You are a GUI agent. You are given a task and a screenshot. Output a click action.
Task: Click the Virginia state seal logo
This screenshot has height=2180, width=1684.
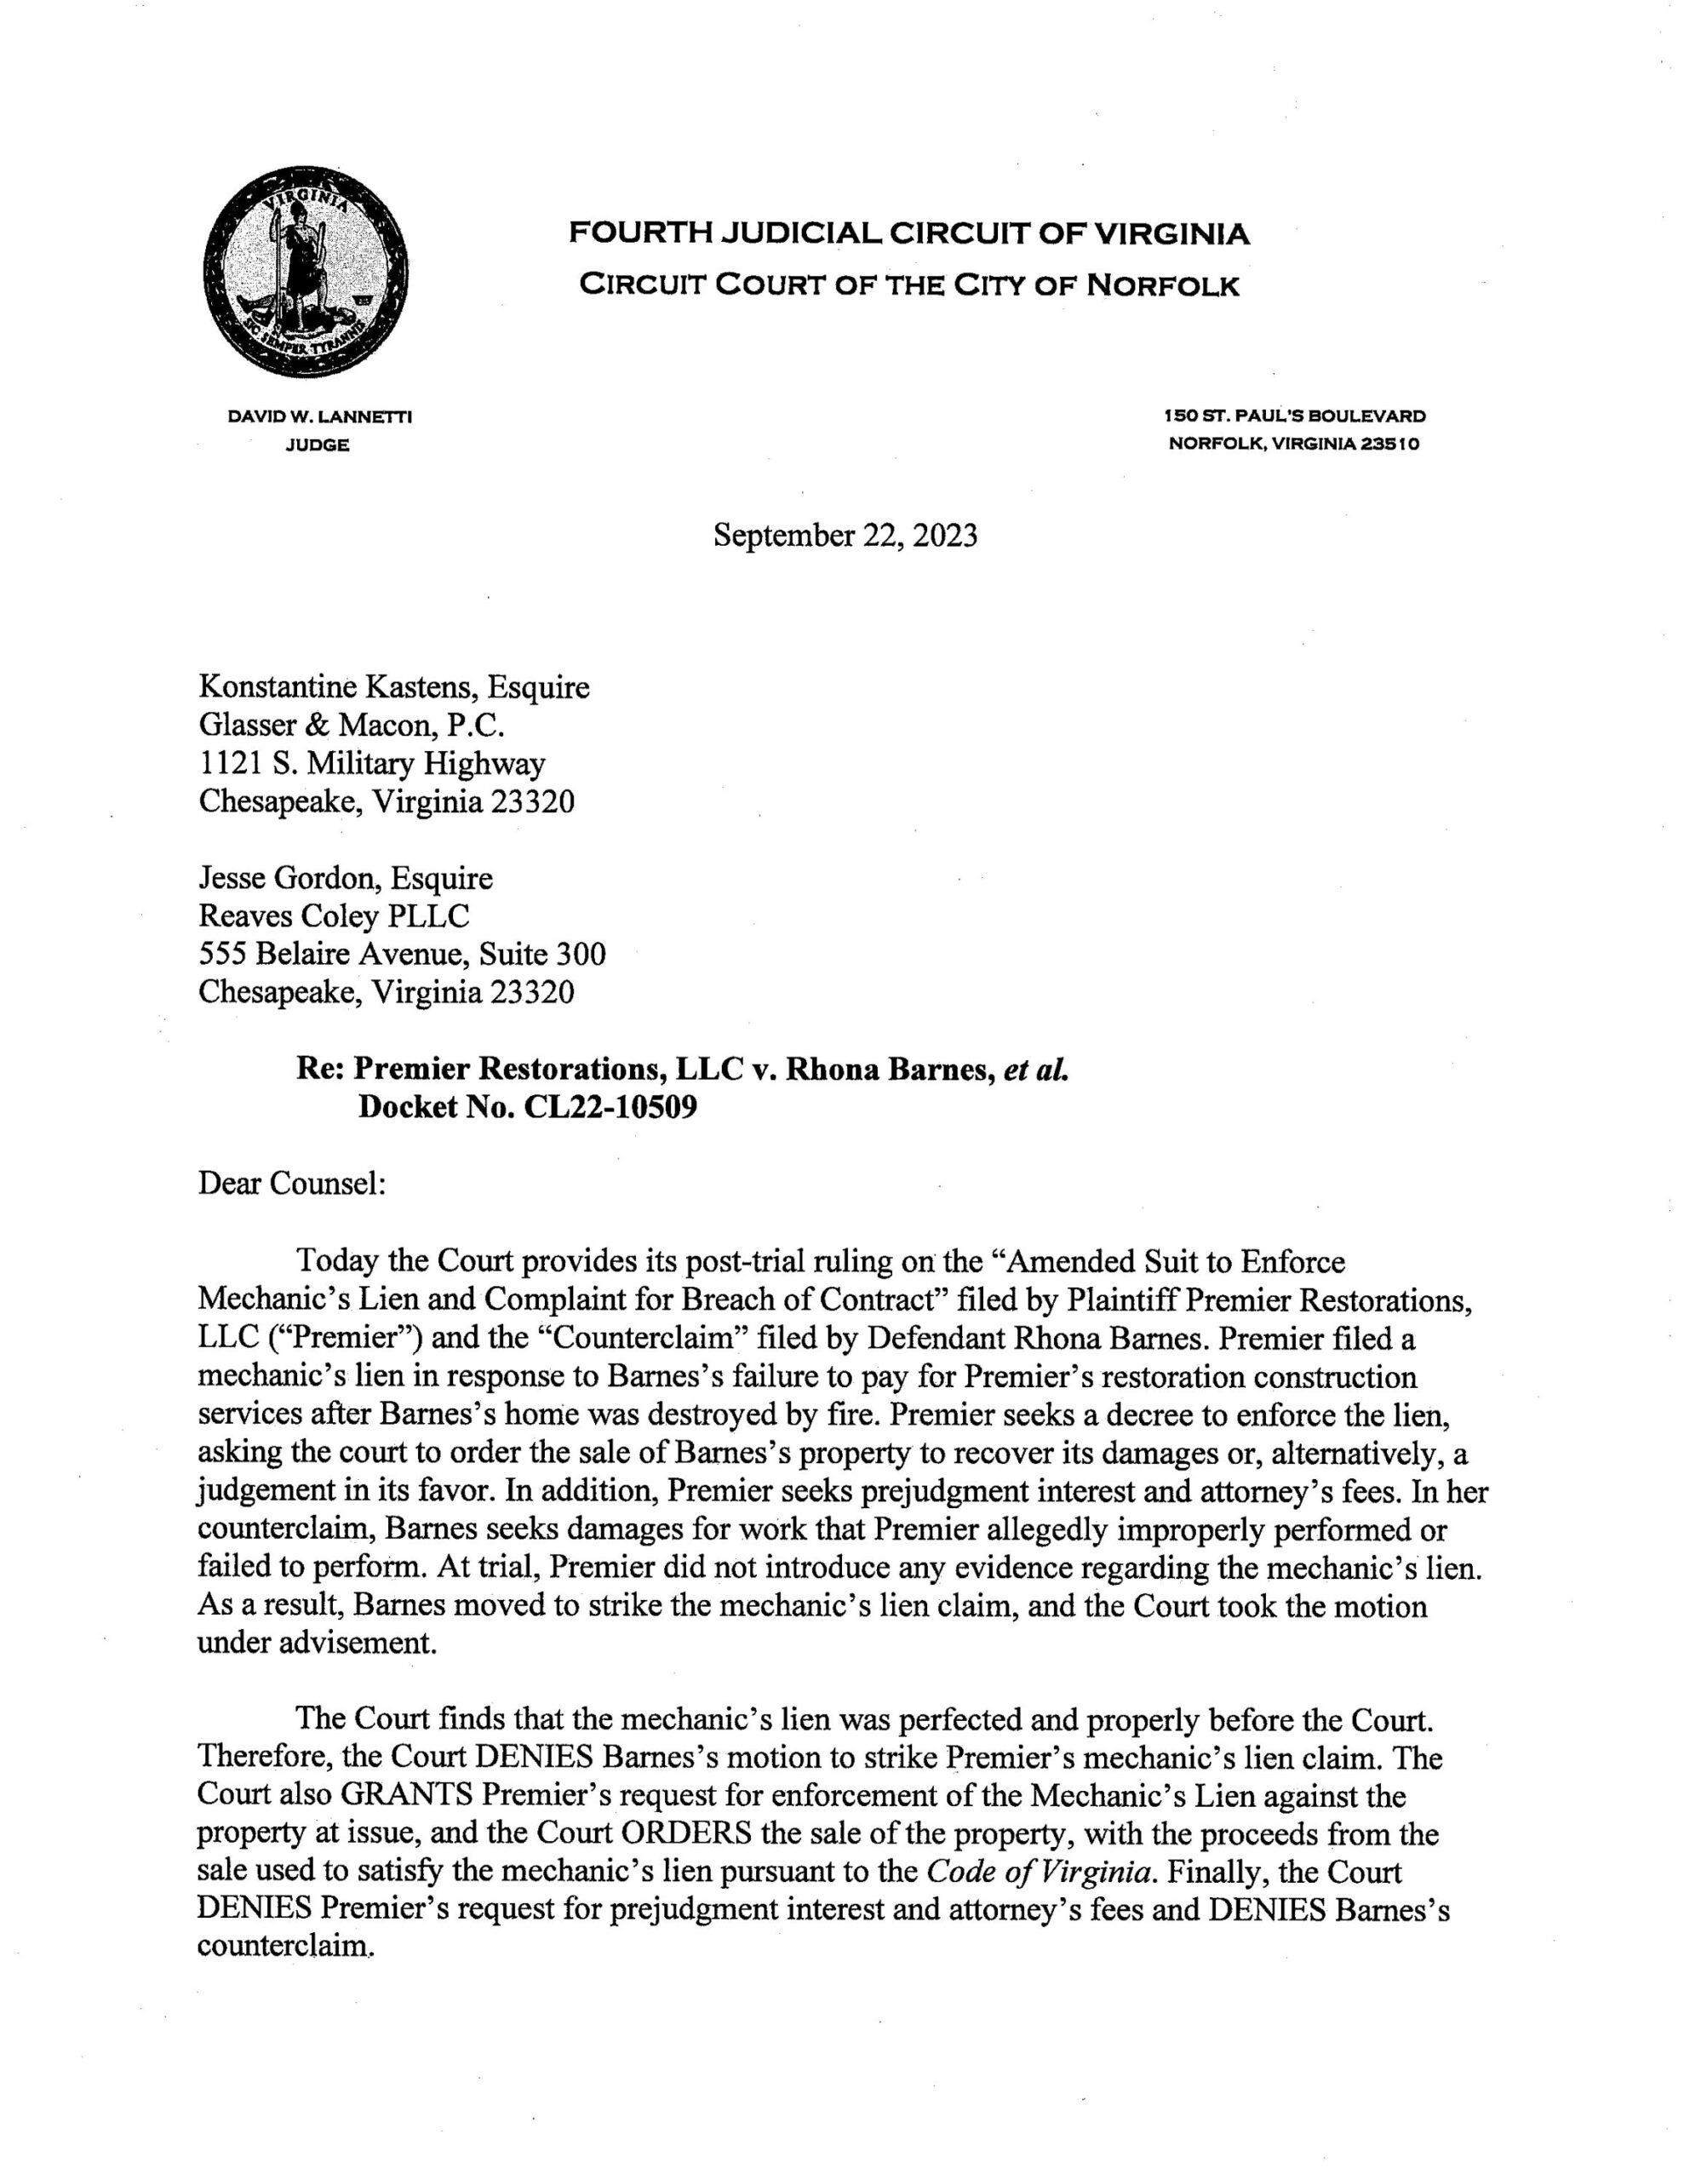click(x=306, y=271)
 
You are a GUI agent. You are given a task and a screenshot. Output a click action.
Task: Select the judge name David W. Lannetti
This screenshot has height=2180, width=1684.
click(x=319, y=416)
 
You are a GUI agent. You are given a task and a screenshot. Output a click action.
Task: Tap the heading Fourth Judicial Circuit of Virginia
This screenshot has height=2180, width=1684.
click(x=908, y=234)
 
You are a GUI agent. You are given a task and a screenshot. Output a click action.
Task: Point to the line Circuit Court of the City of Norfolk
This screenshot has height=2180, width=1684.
click(x=909, y=286)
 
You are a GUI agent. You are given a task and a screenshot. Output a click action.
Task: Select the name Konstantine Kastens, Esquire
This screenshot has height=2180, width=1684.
click(x=394, y=688)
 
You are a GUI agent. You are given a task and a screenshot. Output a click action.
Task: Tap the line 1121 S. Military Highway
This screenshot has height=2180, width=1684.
click(x=372, y=764)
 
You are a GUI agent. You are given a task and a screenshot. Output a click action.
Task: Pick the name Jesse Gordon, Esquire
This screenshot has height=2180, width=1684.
click(x=346, y=879)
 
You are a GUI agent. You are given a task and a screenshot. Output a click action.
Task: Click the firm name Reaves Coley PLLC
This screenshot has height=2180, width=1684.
click(x=335, y=916)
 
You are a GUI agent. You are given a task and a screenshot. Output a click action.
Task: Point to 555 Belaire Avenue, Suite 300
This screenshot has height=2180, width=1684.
click(x=403, y=955)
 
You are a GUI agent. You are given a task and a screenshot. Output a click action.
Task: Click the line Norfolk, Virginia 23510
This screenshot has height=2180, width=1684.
click(x=1294, y=445)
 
